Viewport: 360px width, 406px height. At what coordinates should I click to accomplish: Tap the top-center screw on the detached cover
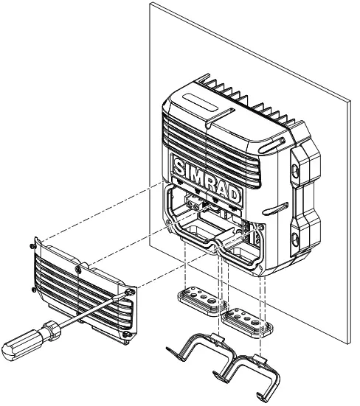point(79,271)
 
